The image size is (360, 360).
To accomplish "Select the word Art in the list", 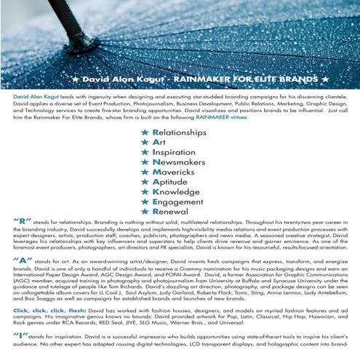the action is pyautogui.click(x=158, y=143).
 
